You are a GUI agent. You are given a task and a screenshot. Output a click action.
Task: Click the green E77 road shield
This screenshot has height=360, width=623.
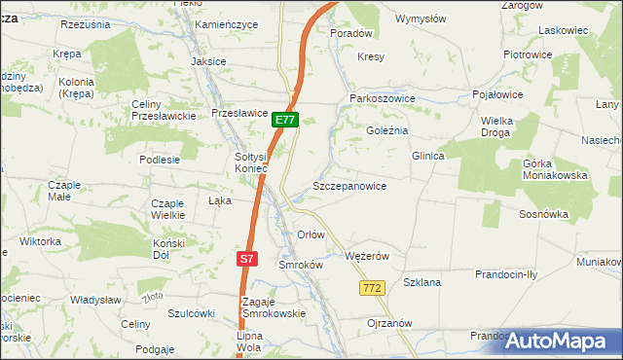pos(284,120)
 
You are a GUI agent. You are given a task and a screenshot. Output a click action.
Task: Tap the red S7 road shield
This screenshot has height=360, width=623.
pos(247,259)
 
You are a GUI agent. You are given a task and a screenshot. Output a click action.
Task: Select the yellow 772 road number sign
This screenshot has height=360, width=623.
pos(371,288)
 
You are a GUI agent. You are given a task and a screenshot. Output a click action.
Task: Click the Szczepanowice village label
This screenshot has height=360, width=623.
pos(349,186)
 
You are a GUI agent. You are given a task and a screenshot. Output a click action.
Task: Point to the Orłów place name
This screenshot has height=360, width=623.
pos(311,235)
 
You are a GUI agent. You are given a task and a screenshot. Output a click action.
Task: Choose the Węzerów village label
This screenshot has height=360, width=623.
pos(367,256)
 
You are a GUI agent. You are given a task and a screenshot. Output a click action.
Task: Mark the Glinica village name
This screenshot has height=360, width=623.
pos(427,156)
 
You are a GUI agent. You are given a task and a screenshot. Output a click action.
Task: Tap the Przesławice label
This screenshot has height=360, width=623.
pos(239,113)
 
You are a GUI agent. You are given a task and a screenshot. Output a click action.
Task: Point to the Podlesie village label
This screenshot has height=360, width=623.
pos(160,159)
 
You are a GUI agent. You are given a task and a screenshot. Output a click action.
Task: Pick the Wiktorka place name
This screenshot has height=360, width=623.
pos(40,240)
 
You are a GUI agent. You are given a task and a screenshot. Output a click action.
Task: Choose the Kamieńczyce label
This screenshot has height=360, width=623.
pos(226,23)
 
